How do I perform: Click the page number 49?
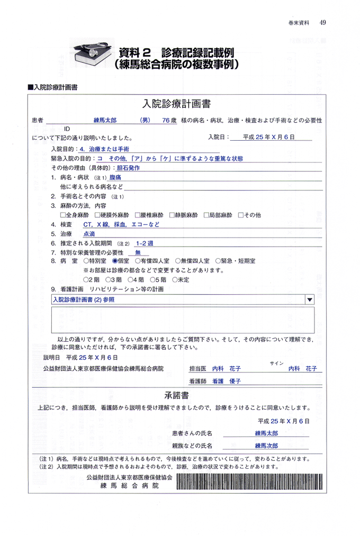coord(322,22)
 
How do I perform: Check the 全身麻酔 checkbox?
coord(63,215)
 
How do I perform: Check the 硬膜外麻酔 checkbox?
coord(97,215)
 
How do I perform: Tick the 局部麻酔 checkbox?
coord(205,215)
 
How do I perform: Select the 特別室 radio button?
coord(86,261)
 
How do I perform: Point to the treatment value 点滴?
coord(89,234)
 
